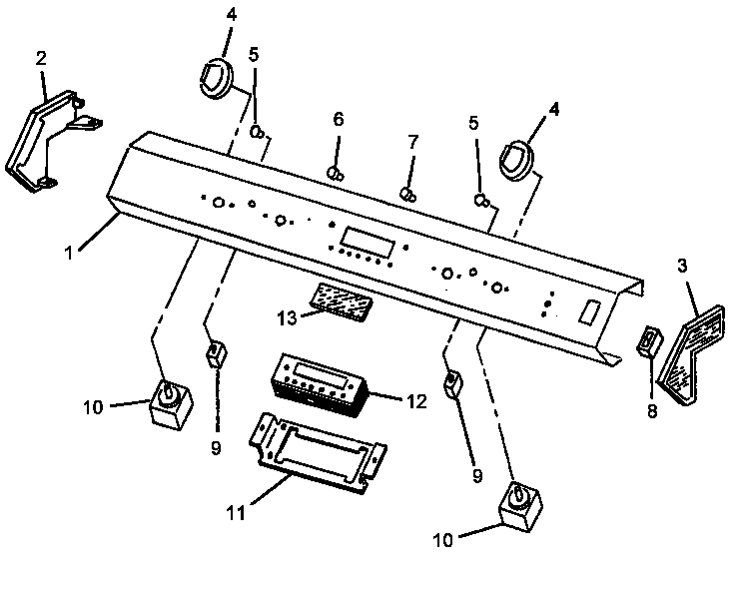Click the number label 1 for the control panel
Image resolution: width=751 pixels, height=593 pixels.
(69, 254)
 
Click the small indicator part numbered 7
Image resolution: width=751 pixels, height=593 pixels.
(407, 193)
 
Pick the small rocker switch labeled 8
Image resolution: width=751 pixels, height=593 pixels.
(647, 341)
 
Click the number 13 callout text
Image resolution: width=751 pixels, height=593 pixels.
(287, 316)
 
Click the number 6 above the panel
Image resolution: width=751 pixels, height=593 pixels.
(338, 119)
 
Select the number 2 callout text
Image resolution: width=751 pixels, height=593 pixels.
(41, 57)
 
